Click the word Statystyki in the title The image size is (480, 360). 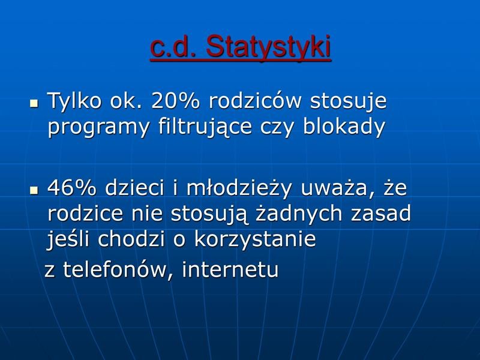point(268,47)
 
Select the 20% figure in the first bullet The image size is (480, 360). point(175,101)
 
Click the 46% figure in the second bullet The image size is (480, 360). point(71,188)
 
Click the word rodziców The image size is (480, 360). point(255,100)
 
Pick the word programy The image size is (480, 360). point(98,128)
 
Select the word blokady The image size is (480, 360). point(344,127)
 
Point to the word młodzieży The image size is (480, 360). point(239,188)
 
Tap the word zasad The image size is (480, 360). point(380,213)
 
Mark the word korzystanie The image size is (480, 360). point(254,239)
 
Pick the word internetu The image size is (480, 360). point(230,269)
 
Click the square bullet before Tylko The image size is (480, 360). point(34,103)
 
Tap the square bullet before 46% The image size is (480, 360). point(34,190)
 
